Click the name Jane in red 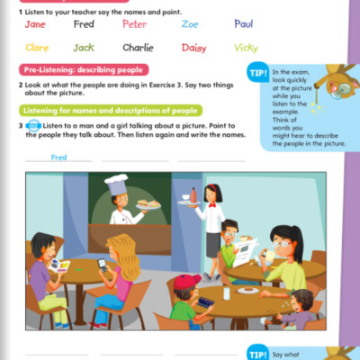click(36, 24)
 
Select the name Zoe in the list click(190, 24)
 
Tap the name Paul click(244, 24)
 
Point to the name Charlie click(137, 48)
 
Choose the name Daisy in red click(193, 48)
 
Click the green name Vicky click(246, 48)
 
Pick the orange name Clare click(37, 48)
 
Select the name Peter click(134, 24)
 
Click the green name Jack click(84, 48)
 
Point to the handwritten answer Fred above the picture click(58, 157)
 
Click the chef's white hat click(116, 184)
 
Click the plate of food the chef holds click(148, 204)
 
